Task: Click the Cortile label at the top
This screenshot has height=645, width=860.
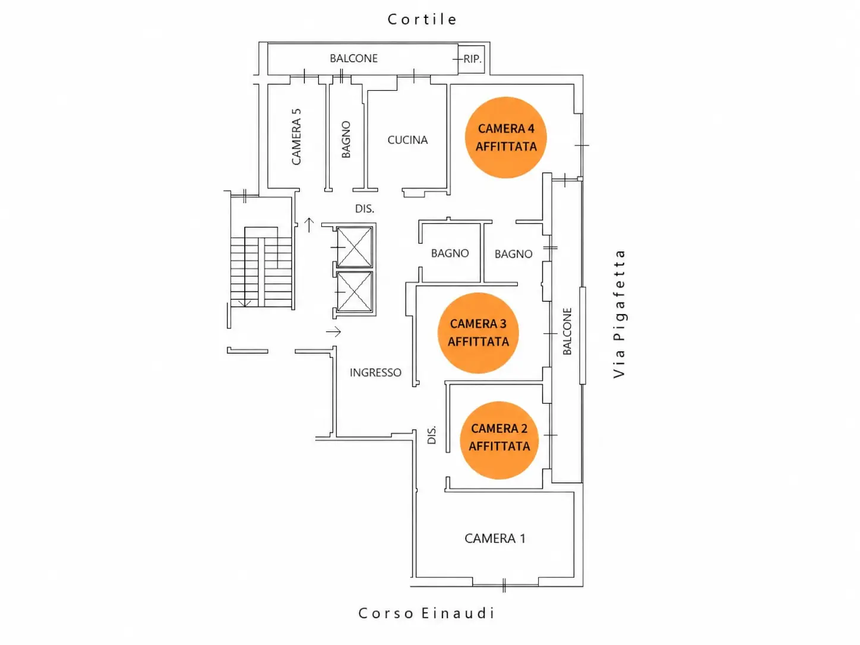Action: pyautogui.click(x=422, y=19)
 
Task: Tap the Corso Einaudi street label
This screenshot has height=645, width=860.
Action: pyautogui.click(x=426, y=613)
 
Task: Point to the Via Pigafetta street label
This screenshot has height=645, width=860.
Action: pyautogui.click(x=619, y=314)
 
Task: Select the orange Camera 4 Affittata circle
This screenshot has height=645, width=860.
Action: pyautogui.click(x=506, y=137)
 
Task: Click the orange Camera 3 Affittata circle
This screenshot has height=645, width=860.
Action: pyautogui.click(x=478, y=333)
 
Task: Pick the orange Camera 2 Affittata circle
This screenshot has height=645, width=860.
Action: pyautogui.click(x=499, y=440)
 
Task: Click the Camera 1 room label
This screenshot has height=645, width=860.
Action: pyautogui.click(x=495, y=539)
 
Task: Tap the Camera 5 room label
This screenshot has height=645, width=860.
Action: pyautogui.click(x=296, y=137)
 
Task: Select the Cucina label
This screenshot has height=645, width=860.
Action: pyautogui.click(x=407, y=140)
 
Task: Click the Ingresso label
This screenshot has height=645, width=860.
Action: pyautogui.click(x=375, y=372)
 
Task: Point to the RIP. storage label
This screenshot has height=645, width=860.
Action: pyautogui.click(x=472, y=59)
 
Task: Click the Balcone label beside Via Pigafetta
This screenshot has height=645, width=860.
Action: pyautogui.click(x=567, y=331)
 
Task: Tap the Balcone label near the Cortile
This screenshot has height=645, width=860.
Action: pyautogui.click(x=353, y=58)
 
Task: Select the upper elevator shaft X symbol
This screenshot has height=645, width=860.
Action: pyautogui.click(x=354, y=247)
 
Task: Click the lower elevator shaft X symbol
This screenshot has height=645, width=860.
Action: pyautogui.click(x=354, y=292)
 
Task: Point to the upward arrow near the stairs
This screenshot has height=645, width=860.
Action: pyautogui.click(x=309, y=225)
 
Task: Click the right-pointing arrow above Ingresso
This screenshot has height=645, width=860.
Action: pyautogui.click(x=333, y=332)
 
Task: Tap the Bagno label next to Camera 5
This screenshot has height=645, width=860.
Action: pyautogui.click(x=346, y=140)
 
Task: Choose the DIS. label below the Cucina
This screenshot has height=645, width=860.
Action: pyautogui.click(x=365, y=208)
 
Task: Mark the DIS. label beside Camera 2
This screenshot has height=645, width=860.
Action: pyautogui.click(x=431, y=435)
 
